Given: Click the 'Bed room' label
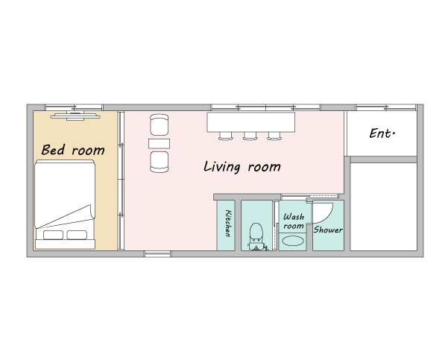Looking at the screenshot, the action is click(x=73, y=150).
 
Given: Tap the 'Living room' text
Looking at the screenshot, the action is click(x=242, y=166).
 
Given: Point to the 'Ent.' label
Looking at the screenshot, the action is click(x=382, y=133).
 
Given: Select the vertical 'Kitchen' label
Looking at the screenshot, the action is click(x=228, y=223).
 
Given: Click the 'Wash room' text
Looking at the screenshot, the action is click(x=294, y=221).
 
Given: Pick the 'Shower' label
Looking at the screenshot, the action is click(x=328, y=230).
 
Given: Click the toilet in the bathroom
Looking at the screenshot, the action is click(x=256, y=236).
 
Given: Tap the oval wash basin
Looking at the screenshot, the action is click(x=293, y=241).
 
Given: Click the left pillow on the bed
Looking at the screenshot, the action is click(x=54, y=235).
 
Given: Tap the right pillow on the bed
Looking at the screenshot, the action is click(x=77, y=235).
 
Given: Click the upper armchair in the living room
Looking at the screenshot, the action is click(x=160, y=124).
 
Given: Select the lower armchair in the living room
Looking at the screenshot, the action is click(x=160, y=162).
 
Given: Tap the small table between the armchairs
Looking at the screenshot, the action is click(x=160, y=144).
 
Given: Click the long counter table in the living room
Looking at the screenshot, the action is click(x=251, y=122).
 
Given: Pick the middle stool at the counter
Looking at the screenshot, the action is click(x=250, y=136).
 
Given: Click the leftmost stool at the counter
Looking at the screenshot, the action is click(x=226, y=136).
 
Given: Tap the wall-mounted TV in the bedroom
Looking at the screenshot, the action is click(x=75, y=116).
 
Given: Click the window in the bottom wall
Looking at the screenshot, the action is click(x=157, y=254).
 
